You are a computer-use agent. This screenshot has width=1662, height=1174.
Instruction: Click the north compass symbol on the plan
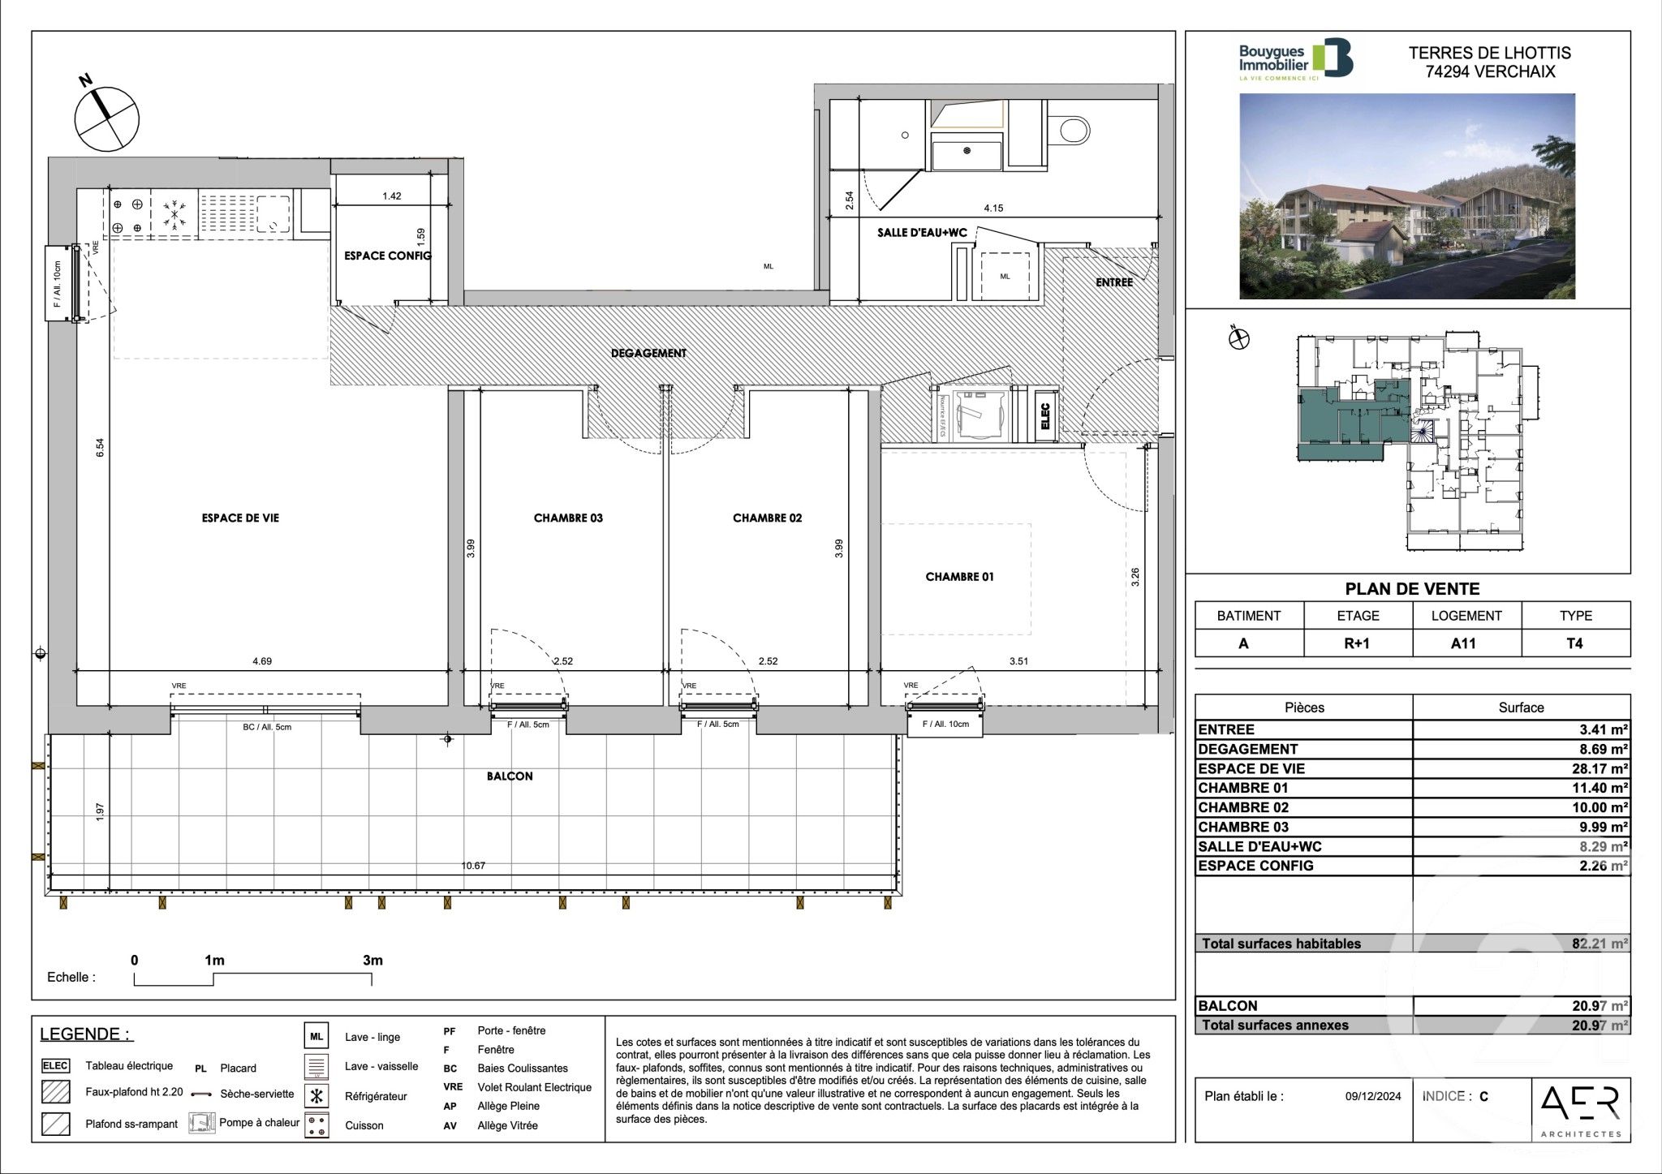[106, 118]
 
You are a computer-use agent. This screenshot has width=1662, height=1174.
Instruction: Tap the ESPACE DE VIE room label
[240, 518]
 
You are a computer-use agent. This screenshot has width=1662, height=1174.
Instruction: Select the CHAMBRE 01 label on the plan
[959, 577]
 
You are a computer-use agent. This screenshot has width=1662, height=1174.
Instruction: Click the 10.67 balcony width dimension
[473, 866]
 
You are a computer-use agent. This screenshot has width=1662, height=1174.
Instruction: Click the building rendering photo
[1407, 196]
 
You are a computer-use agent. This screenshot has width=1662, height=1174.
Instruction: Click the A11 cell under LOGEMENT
[1466, 643]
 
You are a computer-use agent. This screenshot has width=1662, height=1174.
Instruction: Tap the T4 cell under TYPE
[1574, 643]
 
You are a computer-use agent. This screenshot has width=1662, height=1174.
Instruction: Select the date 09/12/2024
[1373, 1096]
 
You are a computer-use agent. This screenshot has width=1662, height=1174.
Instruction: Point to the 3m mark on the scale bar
[372, 961]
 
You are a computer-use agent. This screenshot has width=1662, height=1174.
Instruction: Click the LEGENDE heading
[86, 1034]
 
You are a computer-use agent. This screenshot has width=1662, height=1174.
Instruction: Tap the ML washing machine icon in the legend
[316, 1037]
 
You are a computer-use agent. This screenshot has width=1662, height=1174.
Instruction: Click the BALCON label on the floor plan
[510, 776]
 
